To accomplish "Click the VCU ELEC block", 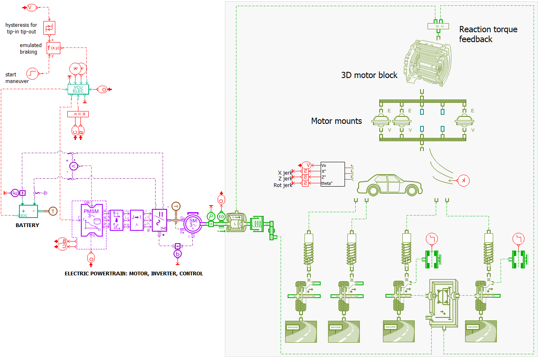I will pyautogui.click(x=78, y=89).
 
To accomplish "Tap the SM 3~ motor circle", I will pyautogui.click(x=193, y=223).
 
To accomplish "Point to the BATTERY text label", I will pyautogui.click(x=27, y=225).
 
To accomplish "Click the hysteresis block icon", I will pyautogui.click(x=49, y=28).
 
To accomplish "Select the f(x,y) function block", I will pyautogui.click(x=53, y=48).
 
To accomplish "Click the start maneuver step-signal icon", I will pyautogui.click(x=33, y=73).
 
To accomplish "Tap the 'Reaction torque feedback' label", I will pyautogui.click(x=488, y=34).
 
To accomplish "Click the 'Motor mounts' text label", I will pyautogui.click(x=336, y=121).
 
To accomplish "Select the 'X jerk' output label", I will pyautogui.click(x=285, y=173).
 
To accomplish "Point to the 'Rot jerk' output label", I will pyautogui.click(x=283, y=185).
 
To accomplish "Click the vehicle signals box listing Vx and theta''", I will pyautogui.click(x=332, y=174).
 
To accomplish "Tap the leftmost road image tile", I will pyautogui.click(x=301, y=332).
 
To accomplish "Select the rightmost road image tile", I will pyautogui.click(x=481, y=332).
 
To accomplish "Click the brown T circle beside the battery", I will pyautogui.click(x=53, y=211).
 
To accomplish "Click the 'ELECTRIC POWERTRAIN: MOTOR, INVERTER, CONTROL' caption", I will pyautogui.click(x=134, y=273).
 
